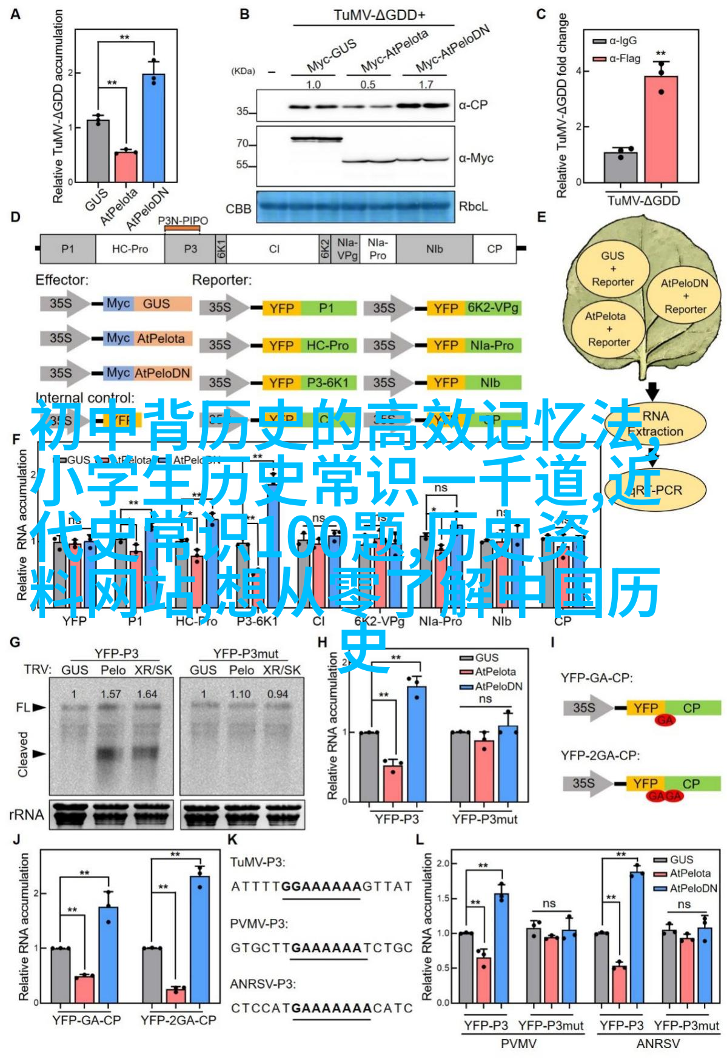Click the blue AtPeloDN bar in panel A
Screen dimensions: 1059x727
tap(153, 127)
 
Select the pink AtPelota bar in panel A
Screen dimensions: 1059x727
tap(126, 166)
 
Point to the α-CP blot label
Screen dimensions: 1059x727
tap(473, 105)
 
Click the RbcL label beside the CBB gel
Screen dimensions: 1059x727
tap(473, 206)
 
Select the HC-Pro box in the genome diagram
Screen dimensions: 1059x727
tap(130, 249)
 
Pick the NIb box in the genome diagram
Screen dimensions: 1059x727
tap(434, 249)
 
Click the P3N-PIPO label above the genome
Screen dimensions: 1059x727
tap(183, 221)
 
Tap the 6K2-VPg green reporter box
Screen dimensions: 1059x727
tap(492, 308)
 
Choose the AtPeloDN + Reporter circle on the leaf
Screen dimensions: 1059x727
tap(685, 296)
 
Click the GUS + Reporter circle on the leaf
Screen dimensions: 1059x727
tap(612, 269)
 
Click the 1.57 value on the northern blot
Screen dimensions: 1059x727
tap(110, 694)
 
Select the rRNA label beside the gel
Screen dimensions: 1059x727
tap(27, 815)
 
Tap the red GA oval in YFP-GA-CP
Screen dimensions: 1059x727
tap(665, 720)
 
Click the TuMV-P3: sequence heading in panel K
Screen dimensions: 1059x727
tap(257, 862)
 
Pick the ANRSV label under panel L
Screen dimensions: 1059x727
tap(658, 1044)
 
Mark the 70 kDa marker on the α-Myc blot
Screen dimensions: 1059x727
tap(243, 144)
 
